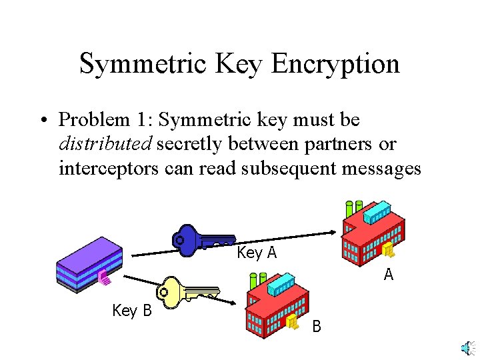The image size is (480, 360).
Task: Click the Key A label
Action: pos(257,253)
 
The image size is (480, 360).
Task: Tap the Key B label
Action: pos(132,311)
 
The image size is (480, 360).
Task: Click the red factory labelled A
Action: pos(373,233)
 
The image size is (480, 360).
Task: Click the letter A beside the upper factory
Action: pos(388,274)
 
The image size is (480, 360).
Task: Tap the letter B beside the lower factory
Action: pos(317,327)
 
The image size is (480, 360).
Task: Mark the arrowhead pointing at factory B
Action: pos(235,303)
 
